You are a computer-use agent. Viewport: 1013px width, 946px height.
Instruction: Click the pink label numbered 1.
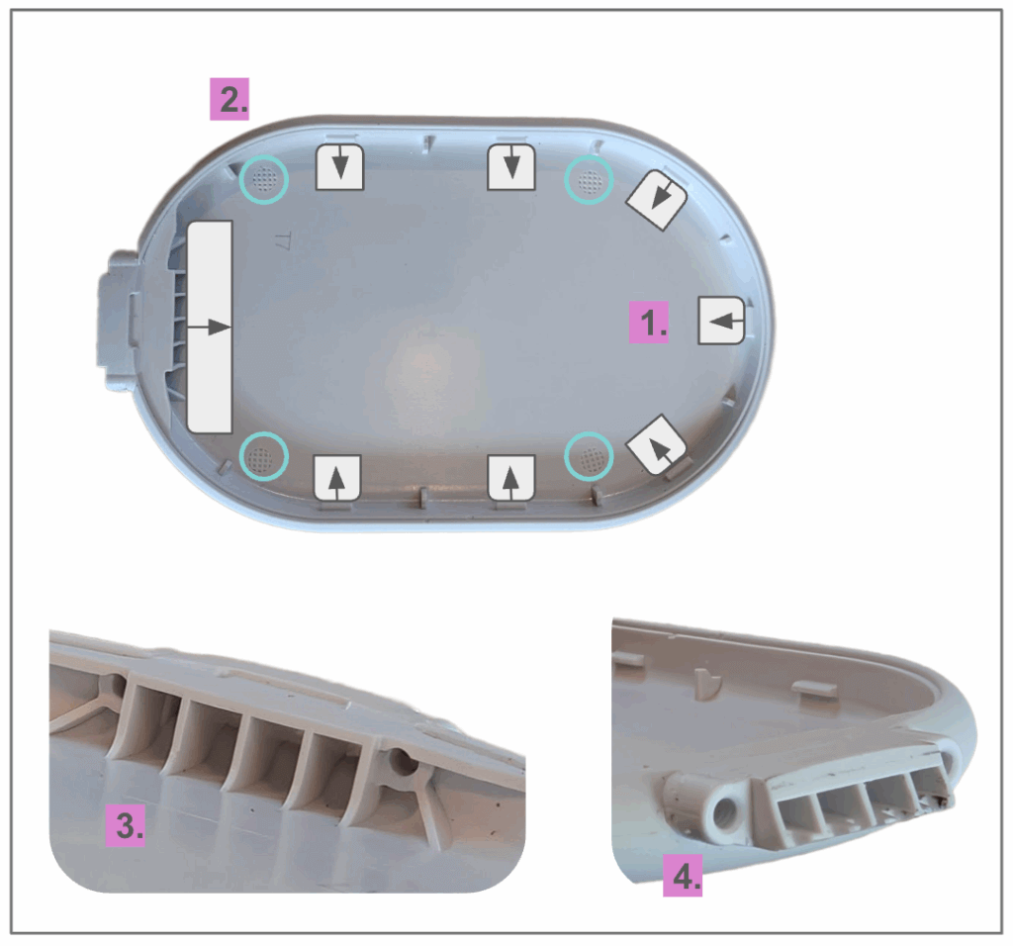tap(649, 322)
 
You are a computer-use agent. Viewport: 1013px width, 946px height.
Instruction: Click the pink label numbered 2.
tap(230, 100)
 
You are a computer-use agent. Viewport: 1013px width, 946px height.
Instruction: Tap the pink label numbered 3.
tap(126, 825)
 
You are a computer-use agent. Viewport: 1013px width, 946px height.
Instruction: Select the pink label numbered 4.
tap(683, 876)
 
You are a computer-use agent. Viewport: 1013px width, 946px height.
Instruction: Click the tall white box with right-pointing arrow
tap(210, 327)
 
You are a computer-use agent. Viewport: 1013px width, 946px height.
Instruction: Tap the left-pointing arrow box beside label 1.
tap(721, 320)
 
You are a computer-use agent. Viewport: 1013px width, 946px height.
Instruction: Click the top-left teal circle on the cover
tap(263, 179)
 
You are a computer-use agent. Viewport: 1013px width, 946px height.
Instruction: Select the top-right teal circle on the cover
tap(589, 179)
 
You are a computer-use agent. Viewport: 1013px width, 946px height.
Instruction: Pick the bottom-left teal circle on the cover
tap(263, 456)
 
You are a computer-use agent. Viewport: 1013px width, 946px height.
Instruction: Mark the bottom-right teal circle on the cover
tap(589, 457)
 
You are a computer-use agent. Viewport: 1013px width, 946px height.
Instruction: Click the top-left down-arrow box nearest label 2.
tap(340, 167)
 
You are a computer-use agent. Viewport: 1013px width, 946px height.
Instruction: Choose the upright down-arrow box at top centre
tap(511, 167)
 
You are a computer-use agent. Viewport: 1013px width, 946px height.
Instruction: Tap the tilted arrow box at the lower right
tap(657, 445)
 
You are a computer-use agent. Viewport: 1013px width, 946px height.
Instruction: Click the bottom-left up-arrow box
tap(336, 478)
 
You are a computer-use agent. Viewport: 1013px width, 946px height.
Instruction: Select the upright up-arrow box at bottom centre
tap(511, 478)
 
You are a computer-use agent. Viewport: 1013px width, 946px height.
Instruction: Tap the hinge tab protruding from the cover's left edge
tap(119, 320)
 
